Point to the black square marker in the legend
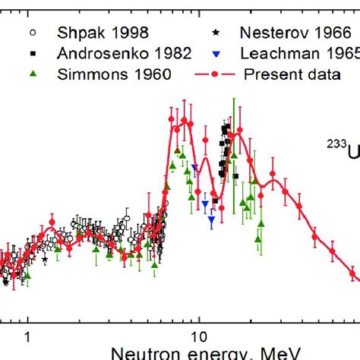[x=32, y=54]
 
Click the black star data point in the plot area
[x=45, y=260]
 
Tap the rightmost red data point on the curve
[x=354, y=273]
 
